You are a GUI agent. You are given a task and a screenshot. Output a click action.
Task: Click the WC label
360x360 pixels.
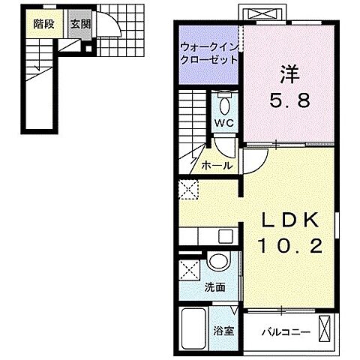click(x=223, y=122)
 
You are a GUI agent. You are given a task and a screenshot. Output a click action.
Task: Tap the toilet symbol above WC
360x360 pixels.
click(x=224, y=101)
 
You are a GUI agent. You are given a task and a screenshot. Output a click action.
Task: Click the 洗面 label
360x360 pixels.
click(x=215, y=287)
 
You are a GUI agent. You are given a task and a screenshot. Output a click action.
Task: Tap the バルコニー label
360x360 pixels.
click(x=280, y=330)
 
